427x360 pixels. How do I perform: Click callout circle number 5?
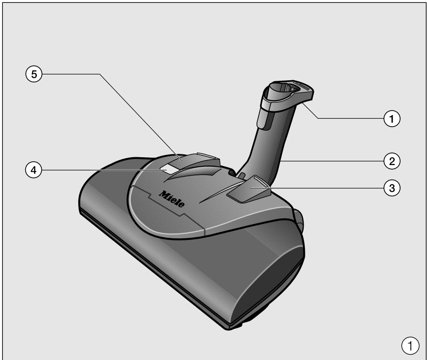coord(34,74)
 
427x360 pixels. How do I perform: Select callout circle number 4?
coord(34,170)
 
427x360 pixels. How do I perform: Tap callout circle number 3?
coord(392,188)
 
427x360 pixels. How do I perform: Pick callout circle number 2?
coord(392,161)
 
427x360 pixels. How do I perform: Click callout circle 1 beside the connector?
coord(392,119)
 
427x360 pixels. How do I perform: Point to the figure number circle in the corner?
coord(410,346)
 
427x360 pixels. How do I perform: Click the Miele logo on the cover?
coord(172,199)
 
